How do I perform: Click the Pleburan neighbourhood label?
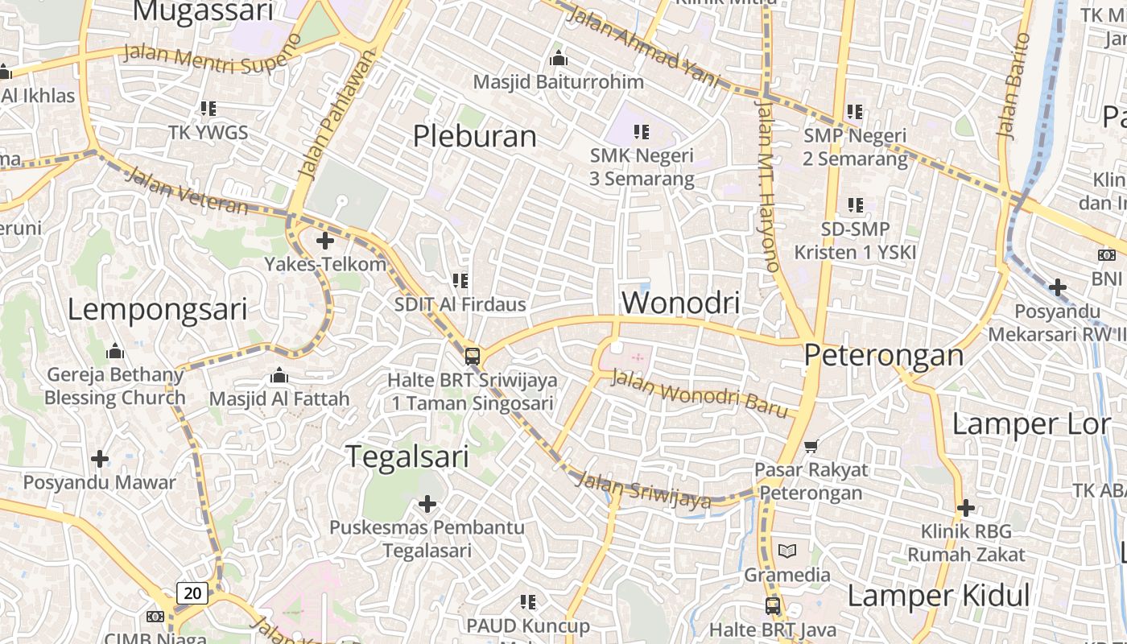tap(474, 136)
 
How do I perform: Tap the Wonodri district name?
tap(680, 303)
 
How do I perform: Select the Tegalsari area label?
tap(407, 456)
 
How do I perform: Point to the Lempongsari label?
tap(157, 309)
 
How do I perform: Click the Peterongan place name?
tap(883, 355)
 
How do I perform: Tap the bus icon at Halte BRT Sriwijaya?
tap(473, 356)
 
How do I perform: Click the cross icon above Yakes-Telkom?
tap(325, 241)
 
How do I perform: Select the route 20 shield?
tap(193, 593)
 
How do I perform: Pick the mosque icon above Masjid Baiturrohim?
tap(558, 59)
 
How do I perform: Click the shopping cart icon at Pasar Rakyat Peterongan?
tap(811, 446)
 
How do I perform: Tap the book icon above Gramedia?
tap(786, 551)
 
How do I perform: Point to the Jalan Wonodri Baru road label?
tap(700, 393)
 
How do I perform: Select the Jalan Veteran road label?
tap(187, 192)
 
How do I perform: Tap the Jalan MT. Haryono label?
tap(768, 185)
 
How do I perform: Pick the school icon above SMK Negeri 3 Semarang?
tap(641, 131)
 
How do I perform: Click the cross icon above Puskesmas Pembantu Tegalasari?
tap(427, 504)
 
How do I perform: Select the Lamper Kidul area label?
tap(938, 596)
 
